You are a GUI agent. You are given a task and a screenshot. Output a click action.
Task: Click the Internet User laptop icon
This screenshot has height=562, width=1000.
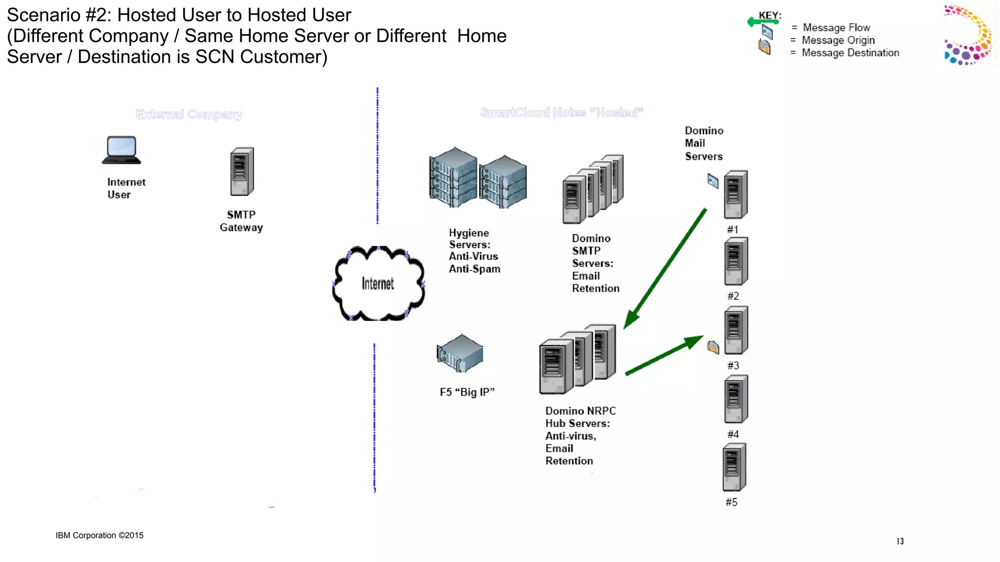121,150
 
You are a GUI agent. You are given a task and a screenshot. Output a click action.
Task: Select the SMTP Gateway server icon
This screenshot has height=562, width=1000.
242,172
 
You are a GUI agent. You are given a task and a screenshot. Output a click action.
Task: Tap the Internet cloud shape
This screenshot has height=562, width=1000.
378,283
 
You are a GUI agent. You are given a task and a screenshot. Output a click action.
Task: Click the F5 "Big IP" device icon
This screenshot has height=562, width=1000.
460,353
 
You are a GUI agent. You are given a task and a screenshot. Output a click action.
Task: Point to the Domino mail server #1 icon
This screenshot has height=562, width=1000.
736,195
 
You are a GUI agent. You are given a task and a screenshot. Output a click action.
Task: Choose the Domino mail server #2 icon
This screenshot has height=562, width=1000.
736,261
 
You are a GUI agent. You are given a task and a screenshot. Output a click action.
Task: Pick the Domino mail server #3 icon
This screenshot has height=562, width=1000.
736,330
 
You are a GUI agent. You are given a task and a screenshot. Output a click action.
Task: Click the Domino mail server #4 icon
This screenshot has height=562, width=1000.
736,399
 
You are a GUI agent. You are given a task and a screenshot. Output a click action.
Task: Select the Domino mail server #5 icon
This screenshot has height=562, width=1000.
734,467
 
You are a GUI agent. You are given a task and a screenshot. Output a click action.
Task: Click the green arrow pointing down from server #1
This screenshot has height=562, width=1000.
665,269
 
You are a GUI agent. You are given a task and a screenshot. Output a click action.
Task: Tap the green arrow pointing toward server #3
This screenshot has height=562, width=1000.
665,355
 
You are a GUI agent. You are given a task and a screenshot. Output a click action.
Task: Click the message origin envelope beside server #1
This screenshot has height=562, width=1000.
713,181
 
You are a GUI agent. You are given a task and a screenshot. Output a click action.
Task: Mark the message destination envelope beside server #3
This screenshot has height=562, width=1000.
713,347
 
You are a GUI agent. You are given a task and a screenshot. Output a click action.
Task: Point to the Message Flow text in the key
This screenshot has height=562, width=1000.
836,28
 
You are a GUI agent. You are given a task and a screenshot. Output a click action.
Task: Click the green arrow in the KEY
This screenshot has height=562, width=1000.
762,21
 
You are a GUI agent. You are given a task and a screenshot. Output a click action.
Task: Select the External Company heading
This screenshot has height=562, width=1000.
189,115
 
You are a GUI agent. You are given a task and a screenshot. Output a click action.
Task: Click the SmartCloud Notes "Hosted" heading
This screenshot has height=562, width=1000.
562,113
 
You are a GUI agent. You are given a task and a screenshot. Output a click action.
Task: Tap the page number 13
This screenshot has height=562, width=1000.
900,542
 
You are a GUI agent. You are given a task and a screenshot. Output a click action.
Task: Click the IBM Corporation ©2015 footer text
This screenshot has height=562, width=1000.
100,536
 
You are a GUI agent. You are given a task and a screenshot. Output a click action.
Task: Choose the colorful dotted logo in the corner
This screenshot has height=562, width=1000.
968,35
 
